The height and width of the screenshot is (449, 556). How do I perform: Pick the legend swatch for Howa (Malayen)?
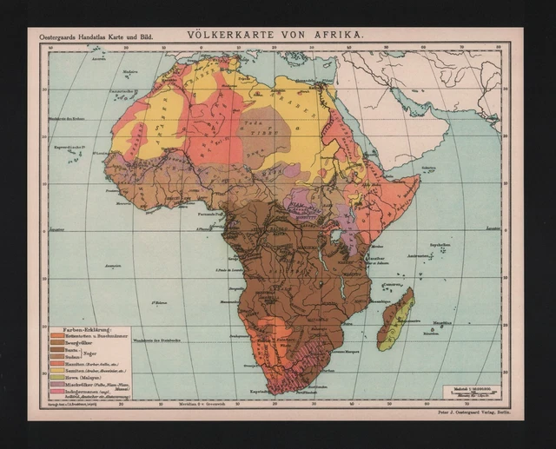[57, 376]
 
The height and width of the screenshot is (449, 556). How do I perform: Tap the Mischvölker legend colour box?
[57, 384]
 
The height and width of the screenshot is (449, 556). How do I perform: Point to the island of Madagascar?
[396, 320]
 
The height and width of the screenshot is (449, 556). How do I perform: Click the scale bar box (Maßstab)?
[470, 392]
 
